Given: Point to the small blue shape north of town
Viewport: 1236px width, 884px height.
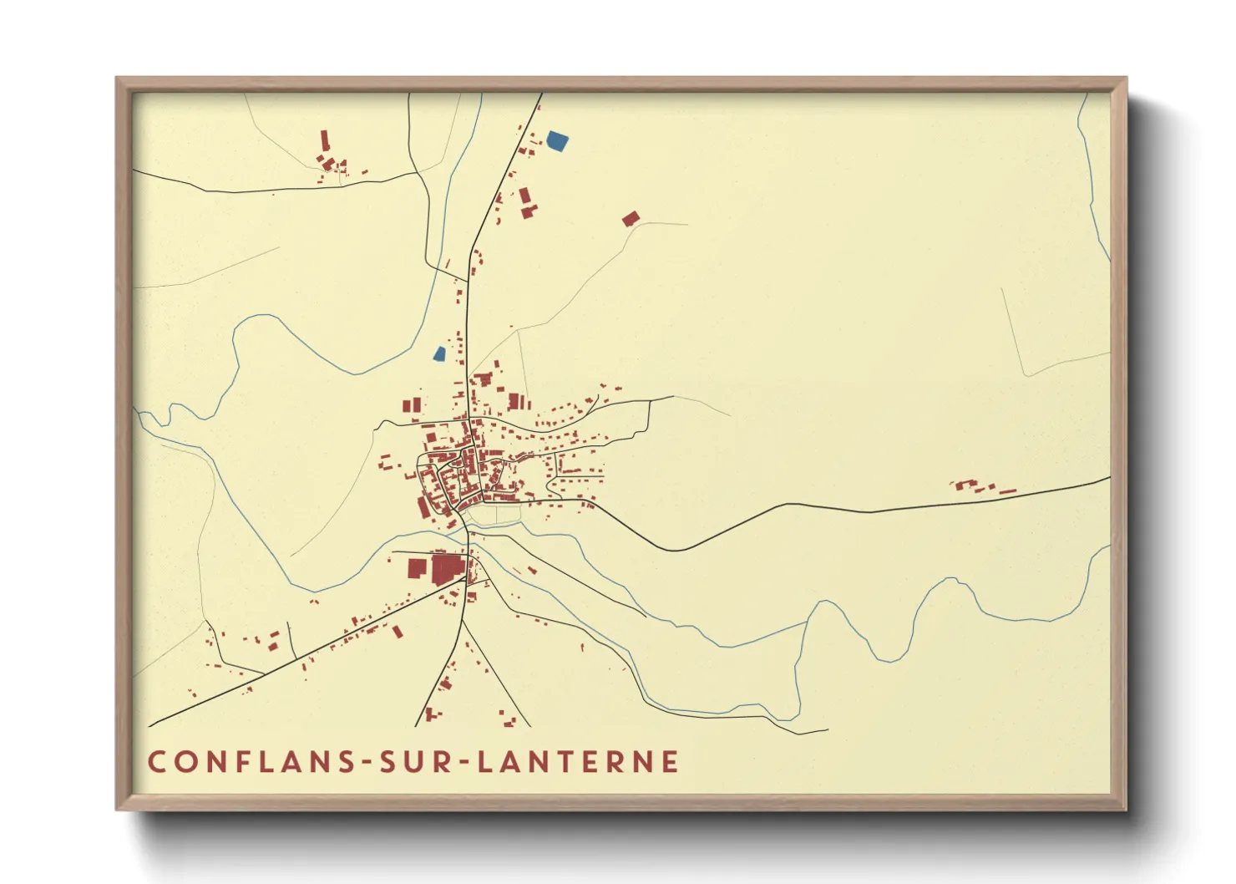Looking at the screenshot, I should point(439,353).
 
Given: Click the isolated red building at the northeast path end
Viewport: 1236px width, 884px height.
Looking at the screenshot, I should point(631,219).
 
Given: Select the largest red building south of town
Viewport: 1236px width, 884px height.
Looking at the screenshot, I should point(447,568).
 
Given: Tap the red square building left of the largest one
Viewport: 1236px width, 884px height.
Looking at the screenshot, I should point(417,568).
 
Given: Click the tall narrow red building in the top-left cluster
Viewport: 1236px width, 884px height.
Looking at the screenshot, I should point(325,139).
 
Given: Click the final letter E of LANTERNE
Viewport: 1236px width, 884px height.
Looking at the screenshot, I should point(670,762).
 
